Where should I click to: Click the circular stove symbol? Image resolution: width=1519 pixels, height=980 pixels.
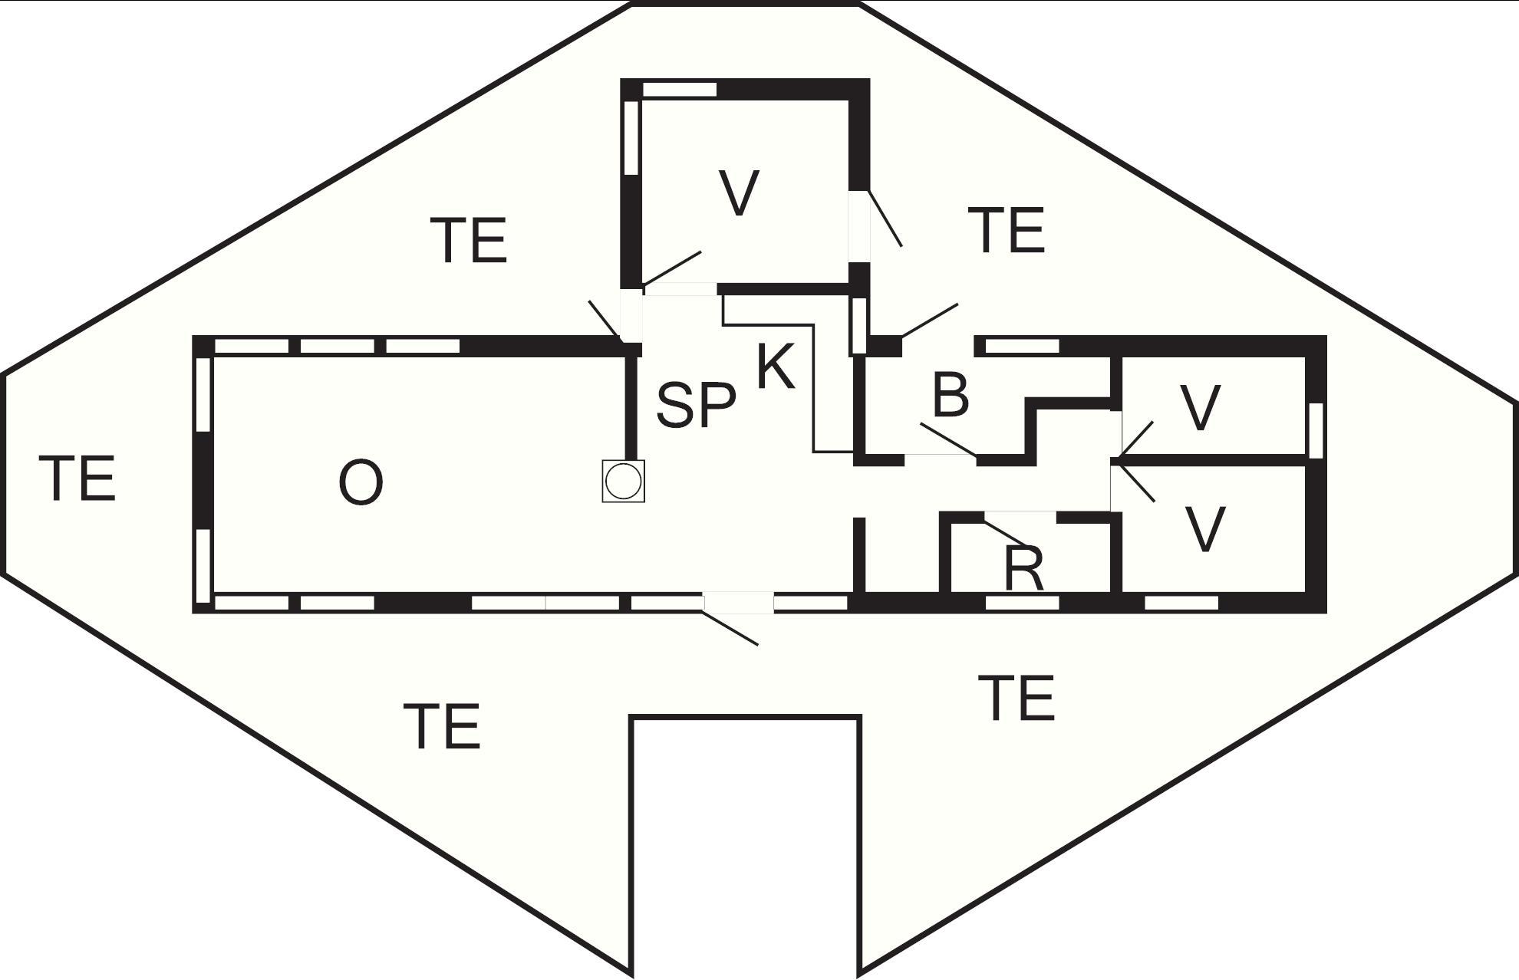pos(623,482)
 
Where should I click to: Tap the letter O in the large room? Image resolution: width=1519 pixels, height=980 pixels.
pos(361,483)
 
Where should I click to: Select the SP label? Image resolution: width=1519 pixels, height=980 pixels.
pos(696,404)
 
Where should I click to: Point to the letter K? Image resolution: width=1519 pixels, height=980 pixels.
pos(776,367)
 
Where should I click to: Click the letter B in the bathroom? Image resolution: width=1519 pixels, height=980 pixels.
pos(951,395)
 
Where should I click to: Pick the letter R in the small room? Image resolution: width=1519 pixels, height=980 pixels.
pos(1024,568)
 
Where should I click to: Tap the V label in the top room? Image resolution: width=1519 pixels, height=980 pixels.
pos(740,193)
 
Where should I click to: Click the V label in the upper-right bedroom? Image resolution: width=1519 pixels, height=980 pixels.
pos(1200,407)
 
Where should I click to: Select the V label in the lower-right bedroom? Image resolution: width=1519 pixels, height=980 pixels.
pos(1205,528)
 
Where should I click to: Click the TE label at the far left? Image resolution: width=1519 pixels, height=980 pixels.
pos(77,478)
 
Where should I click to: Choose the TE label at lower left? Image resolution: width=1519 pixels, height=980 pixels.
pos(442,726)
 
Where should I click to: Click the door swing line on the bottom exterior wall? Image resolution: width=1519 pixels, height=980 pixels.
pos(731,628)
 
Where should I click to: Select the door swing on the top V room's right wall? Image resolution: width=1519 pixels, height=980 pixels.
pos(884,218)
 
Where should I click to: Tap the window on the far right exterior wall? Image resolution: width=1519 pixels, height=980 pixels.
pos(1316,430)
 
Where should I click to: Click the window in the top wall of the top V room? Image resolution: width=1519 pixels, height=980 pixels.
pos(679,89)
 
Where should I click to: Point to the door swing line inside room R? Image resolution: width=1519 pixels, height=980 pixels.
pos(1006,534)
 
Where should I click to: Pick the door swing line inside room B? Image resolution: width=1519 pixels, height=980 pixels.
pos(949,440)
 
